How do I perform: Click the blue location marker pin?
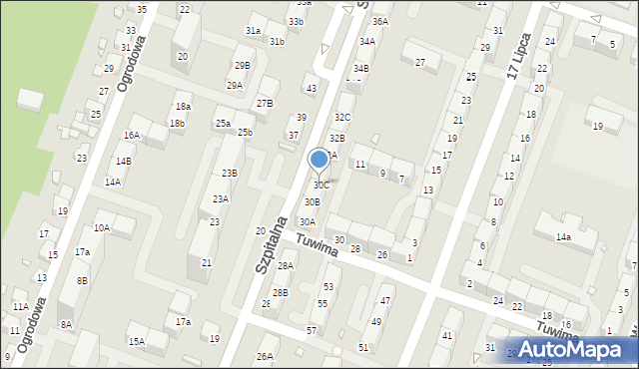coord(319,160)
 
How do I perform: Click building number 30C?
coord(321,185)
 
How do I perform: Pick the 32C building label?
coord(342,118)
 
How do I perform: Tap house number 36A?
coord(380,21)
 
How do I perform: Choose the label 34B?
coord(360,68)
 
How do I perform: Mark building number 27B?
coord(265,104)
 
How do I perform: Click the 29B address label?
coord(243,66)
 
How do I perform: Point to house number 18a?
coord(183,107)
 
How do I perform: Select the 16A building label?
coord(132,136)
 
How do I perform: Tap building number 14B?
coord(123,161)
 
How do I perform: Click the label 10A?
coord(102,227)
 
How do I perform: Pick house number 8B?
coord(83,281)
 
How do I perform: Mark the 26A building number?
coord(265,356)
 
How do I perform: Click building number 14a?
coord(563,236)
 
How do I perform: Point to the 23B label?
coord(230,174)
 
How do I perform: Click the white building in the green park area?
coord(31,100)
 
